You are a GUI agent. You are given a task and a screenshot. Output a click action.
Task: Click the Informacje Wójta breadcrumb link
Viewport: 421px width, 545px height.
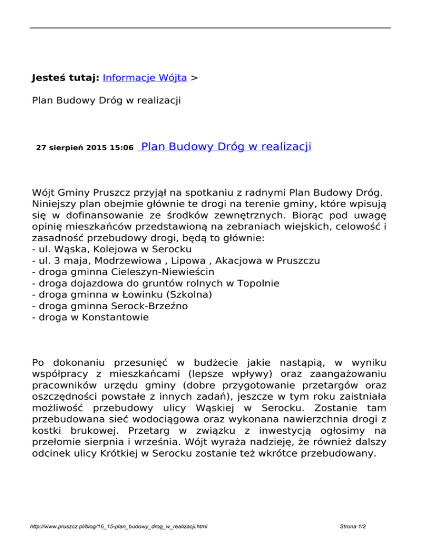[x=145, y=78]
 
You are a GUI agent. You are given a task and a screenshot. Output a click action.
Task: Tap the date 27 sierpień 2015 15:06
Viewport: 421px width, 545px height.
[x=84, y=148]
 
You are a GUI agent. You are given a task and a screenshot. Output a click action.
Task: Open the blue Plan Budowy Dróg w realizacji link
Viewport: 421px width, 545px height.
[x=226, y=146]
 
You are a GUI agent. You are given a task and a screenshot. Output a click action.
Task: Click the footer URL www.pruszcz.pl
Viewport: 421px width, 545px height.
[x=120, y=526]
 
